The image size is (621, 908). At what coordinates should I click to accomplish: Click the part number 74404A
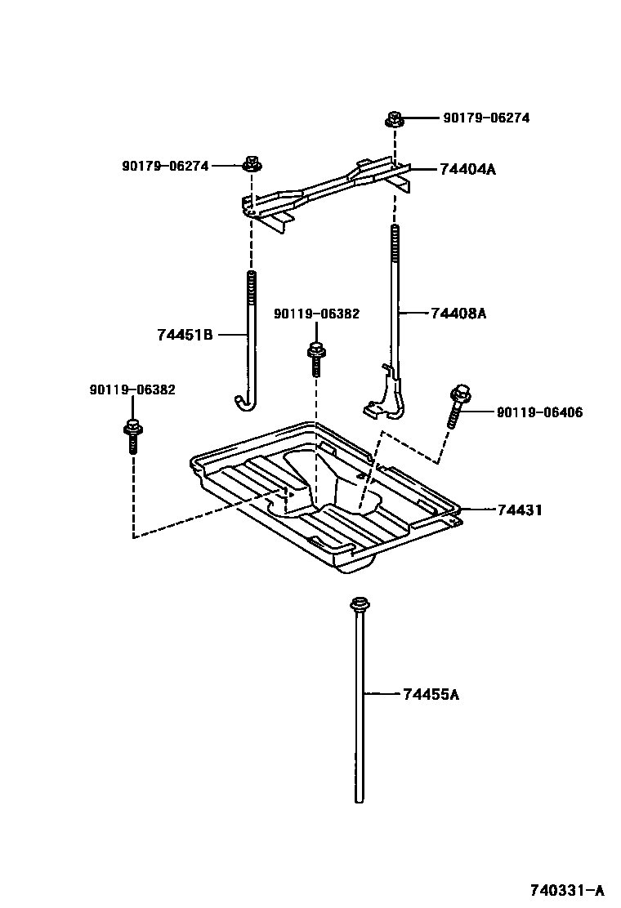(468, 170)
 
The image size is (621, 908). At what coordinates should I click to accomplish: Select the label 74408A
(458, 313)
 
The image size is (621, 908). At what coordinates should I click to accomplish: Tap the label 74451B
(185, 334)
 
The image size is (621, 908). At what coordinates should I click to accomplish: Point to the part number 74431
(520, 510)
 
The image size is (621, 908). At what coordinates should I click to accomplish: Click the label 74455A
(431, 695)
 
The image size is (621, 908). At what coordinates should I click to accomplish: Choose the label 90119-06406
(539, 412)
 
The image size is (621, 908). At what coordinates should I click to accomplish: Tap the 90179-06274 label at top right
(486, 118)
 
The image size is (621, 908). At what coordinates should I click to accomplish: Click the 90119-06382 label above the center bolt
(316, 313)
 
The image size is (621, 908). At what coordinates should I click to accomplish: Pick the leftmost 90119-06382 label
(132, 389)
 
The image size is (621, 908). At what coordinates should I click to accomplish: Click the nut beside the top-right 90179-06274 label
(393, 119)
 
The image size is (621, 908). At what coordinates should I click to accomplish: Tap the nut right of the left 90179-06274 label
(252, 165)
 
